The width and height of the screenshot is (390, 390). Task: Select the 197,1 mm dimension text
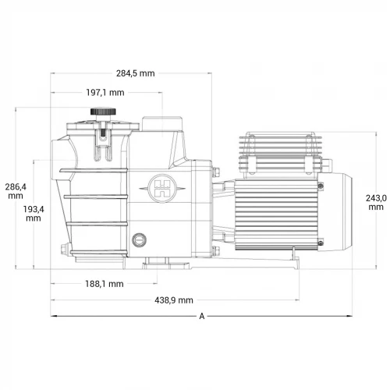click(x=105, y=93)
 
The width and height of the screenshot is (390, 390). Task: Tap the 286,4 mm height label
click(x=16, y=191)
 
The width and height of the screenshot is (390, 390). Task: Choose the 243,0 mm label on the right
click(x=377, y=203)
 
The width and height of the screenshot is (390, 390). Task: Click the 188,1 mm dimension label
click(x=104, y=284)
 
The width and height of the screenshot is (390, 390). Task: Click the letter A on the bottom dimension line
click(x=202, y=316)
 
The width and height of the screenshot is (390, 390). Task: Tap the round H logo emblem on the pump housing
click(x=164, y=186)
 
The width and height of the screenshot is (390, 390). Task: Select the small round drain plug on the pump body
click(x=140, y=239)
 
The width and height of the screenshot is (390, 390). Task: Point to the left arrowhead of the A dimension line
click(x=54, y=316)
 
